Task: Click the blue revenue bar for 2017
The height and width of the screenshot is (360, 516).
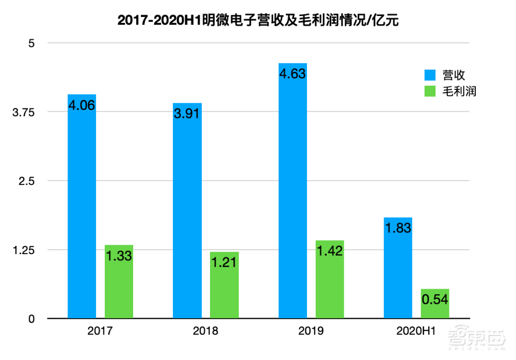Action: coord(82,207)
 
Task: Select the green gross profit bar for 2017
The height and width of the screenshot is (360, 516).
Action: coord(119,281)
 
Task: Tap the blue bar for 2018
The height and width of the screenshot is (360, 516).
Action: coord(187,211)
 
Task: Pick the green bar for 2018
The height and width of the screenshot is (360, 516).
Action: coord(224,285)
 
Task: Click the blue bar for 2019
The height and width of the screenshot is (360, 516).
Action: coord(293,191)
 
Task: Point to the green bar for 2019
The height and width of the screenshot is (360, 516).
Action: coord(330,279)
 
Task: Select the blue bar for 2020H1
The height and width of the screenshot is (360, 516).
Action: coord(398,268)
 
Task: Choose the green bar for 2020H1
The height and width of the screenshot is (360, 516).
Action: coord(435,304)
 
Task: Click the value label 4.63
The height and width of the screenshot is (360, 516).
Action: coord(293,73)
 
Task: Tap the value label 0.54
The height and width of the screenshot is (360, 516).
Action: coord(435,300)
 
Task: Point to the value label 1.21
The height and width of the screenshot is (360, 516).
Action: coord(224,262)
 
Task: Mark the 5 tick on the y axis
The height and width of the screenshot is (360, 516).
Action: coord(31,43)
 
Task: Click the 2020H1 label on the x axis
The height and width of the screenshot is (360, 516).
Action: coord(416,331)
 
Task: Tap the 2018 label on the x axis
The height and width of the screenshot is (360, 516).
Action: coord(205,331)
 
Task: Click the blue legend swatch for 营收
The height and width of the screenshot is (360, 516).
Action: coord(430,75)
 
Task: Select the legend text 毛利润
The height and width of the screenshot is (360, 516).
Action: coord(459,91)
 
